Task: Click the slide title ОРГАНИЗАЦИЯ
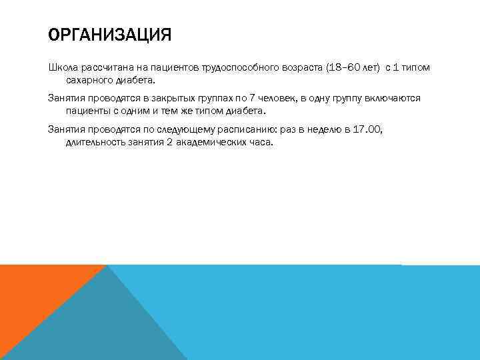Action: [x=110, y=34]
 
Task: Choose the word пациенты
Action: [x=89, y=111]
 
